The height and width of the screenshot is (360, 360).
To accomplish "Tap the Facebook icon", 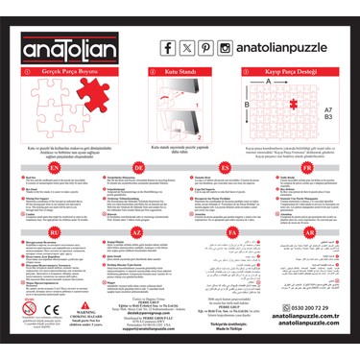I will [169, 47].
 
